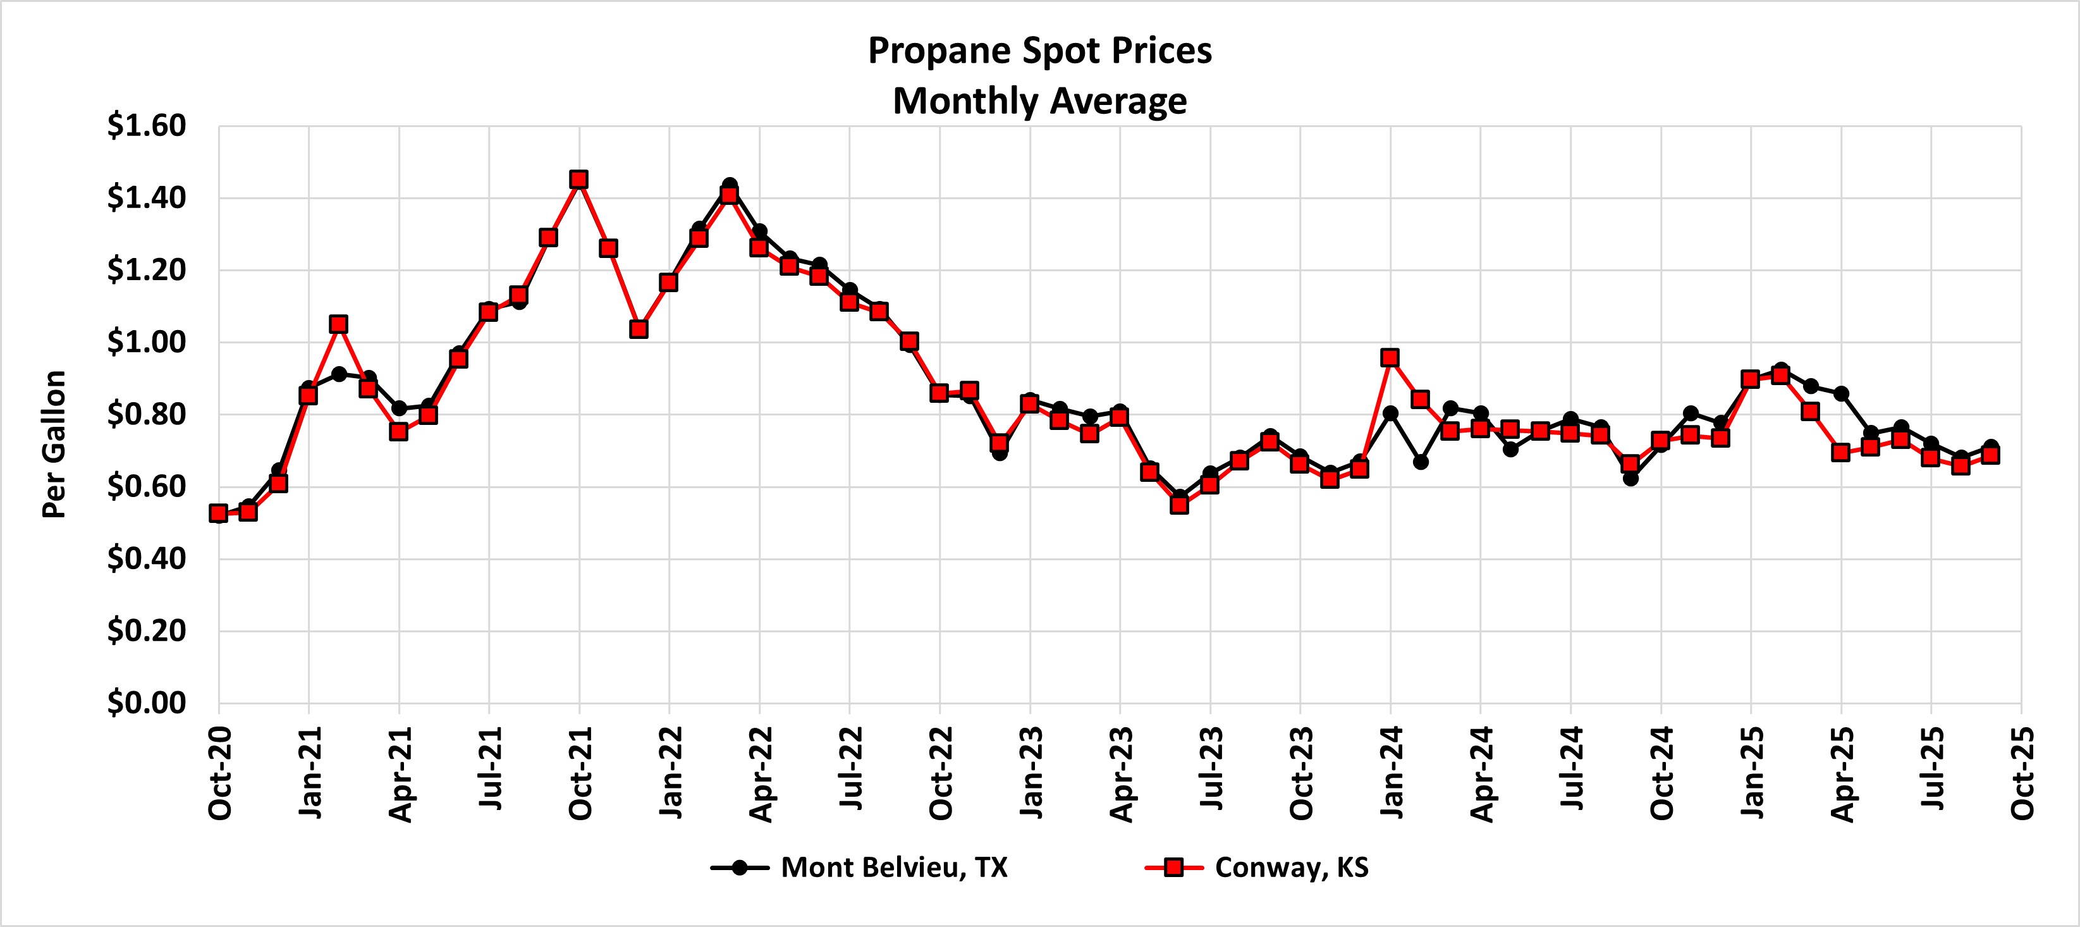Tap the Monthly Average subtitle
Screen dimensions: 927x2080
(1039, 102)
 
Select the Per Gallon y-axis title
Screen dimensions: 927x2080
(54, 444)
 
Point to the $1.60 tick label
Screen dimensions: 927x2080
(146, 126)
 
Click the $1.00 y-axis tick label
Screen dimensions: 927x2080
(146, 342)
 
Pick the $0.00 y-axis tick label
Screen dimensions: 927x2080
(146, 703)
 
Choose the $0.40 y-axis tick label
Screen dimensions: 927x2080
(146, 559)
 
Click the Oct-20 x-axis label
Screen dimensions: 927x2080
(219, 773)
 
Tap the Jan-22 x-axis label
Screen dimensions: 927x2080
(670, 773)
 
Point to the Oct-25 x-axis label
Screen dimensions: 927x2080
(2022, 773)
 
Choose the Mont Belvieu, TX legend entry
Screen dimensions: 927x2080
(859, 868)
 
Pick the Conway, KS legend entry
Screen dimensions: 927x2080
(1257, 868)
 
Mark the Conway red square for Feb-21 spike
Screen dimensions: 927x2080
(339, 324)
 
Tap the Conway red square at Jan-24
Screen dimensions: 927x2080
(1390, 358)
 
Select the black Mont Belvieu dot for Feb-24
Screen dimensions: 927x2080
(1421, 462)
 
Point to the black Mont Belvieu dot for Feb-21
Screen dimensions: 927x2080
(339, 374)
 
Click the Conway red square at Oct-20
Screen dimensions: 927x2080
(218, 513)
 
